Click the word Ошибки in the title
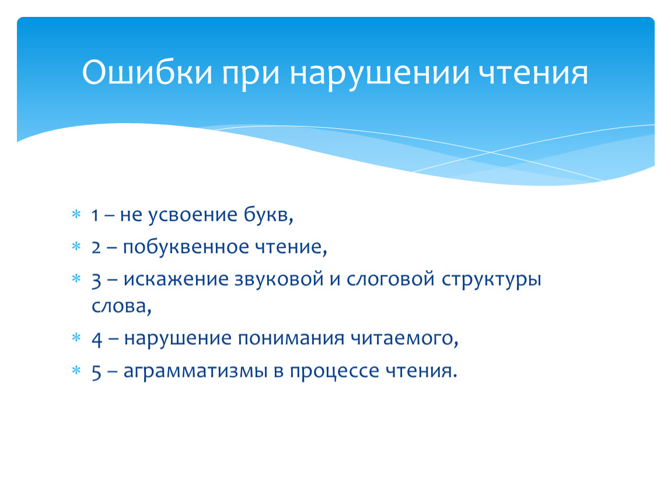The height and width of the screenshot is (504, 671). (x=147, y=72)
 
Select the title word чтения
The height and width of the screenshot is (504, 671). (x=533, y=73)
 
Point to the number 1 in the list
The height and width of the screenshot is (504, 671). (x=95, y=215)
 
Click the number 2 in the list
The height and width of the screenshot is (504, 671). (x=96, y=247)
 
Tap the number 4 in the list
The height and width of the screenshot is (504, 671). (x=97, y=339)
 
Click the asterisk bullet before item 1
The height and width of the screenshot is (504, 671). (x=76, y=213)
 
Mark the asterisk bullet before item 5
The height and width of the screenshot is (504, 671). (x=76, y=369)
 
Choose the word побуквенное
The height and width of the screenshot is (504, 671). (x=186, y=247)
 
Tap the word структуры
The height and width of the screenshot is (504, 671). (x=491, y=281)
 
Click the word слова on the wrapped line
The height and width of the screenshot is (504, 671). (x=119, y=306)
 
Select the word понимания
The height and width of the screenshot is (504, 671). (x=291, y=338)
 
